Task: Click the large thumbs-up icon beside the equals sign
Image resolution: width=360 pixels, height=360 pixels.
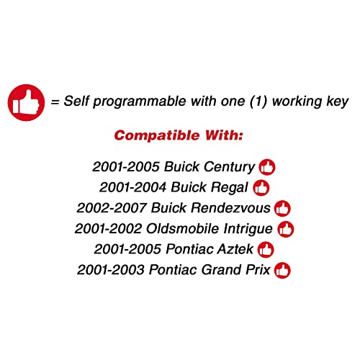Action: (x=25, y=101)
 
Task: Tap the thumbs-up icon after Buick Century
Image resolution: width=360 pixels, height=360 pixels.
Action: (x=267, y=167)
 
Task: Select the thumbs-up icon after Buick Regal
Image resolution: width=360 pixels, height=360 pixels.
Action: (x=261, y=188)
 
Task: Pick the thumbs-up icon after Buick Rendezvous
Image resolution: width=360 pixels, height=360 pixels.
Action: (x=282, y=209)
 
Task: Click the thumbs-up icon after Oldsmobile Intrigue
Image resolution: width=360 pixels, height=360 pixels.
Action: (x=286, y=229)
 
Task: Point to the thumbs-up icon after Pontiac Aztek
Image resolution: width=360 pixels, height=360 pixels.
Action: (x=266, y=250)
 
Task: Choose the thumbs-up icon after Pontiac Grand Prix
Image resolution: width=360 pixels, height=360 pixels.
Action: (x=283, y=271)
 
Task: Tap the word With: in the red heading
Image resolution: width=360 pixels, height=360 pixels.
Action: (x=223, y=135)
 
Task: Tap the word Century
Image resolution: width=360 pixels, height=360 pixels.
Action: (x=229, y=167)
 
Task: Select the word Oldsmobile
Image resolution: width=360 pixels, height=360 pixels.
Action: (x=178, y=229)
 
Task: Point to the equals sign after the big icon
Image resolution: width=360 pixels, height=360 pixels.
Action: (x=55, y=102)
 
